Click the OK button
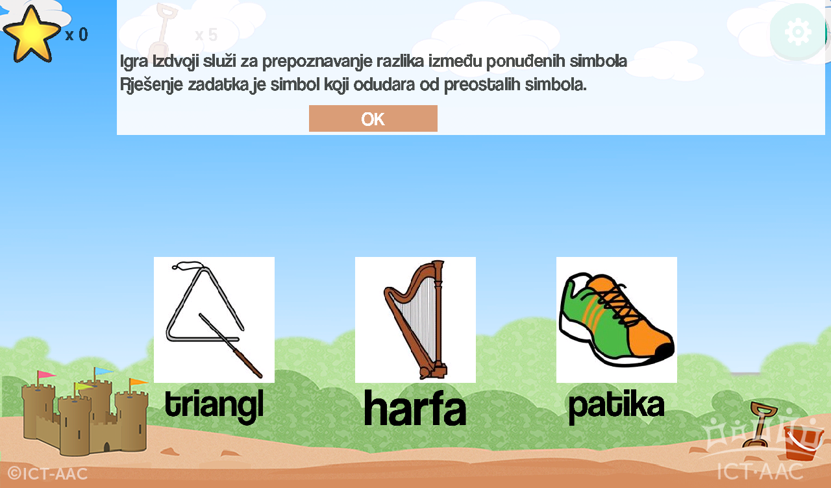pos(373,118)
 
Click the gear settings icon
pos(798,32)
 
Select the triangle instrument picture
pos(214,320)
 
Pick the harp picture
pos(415,320)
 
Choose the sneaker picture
pos(617,320)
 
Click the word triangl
pos(214,406)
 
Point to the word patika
pos(616,406)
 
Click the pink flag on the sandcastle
pos(45,374)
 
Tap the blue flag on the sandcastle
pos(103,371)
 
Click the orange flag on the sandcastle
pos(138,382)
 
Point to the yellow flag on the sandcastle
pos(83,387)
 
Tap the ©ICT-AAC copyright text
pos(47,474)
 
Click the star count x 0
pos(77,35)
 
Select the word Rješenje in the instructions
pos(151,85)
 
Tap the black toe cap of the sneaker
pos(666,351)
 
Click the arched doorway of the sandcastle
pos(106,447)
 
